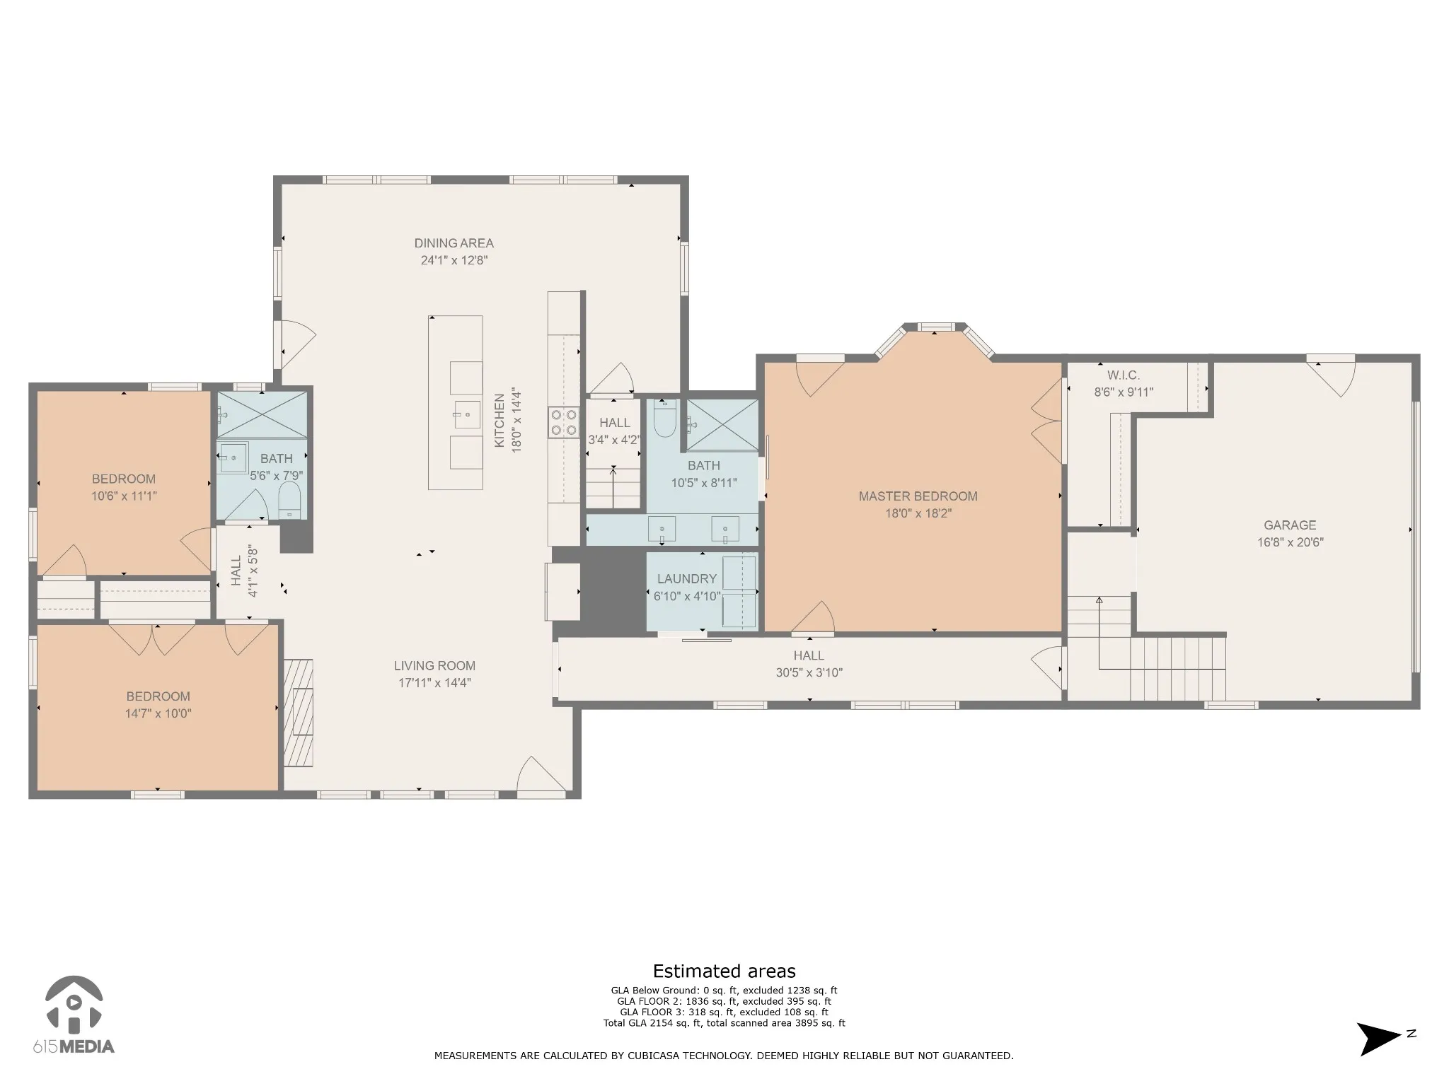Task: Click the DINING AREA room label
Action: point(454,243)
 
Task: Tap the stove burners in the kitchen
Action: point(564,422)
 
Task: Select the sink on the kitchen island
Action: point(467,414)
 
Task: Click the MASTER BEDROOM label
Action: point(918,496)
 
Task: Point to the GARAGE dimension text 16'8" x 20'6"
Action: point(1291,542)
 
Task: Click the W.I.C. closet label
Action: point(1124,375)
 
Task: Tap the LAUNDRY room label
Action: point(687,579)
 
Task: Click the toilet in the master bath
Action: point(665,419)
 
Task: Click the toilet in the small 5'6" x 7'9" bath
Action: point(290,501)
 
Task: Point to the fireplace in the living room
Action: point(299,713)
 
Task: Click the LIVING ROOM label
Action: point(434,666)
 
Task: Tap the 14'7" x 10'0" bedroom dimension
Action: point(158,713)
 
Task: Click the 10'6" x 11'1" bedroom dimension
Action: point(124,496)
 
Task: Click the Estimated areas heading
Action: point(724,971)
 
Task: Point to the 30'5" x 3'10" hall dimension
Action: point(809,672)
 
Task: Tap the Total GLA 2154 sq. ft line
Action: point(724,1023)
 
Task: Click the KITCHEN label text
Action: point(500,421)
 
